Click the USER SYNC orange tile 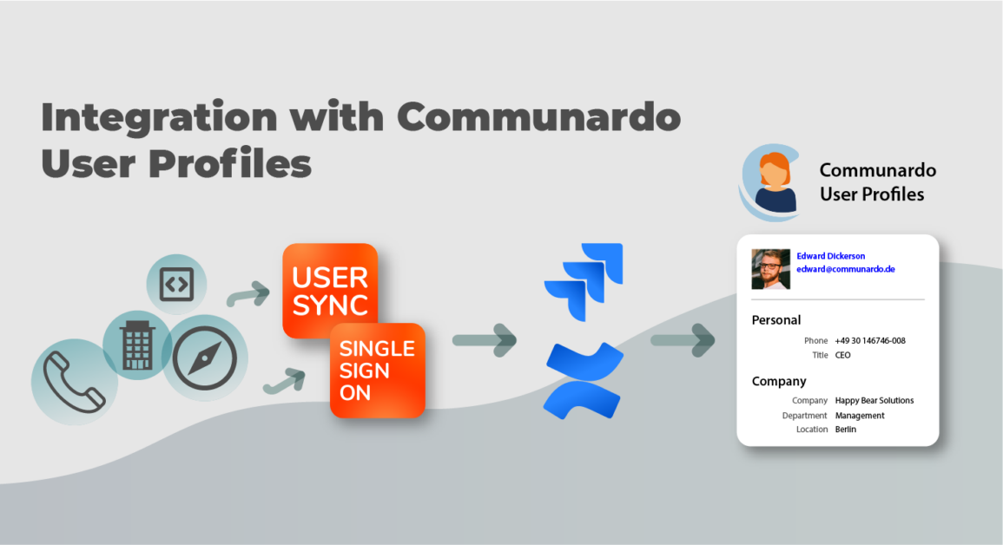[330, 291]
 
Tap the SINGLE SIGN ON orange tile [377, 371]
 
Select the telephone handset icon [74, 382]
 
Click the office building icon [137, 345]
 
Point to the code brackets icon [176, 284]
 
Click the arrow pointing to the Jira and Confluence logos [485, 339]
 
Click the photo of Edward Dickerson [770, 269]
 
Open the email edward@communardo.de [845, 269]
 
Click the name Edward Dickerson [830, 256]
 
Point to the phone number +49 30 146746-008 [869, 341]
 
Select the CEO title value [842, 355]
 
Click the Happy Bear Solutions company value [874, 401]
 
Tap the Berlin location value [845, 430]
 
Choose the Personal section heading [775, 320]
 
